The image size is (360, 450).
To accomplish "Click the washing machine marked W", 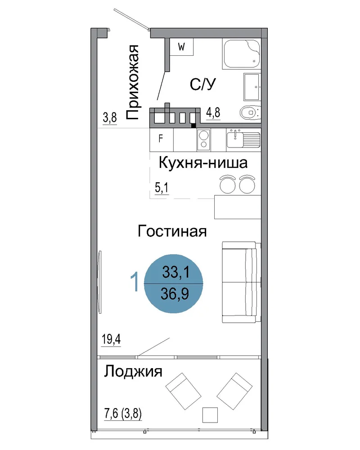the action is [181, 47].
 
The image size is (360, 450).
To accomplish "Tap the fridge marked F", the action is [162, 140].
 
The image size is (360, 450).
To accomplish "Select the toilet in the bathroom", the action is [250, 112].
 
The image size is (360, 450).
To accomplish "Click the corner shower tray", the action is [242, 54].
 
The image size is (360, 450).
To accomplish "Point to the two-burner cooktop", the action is [204, 140].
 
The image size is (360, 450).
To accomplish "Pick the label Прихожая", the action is [133, 82].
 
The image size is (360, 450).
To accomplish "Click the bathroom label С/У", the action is [202, 84].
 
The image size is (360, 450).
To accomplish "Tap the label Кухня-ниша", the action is [203, 163].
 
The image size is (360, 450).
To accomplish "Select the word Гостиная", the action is [172, 231].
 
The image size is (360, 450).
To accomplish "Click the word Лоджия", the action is [133, 371].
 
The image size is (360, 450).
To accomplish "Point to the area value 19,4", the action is [111, 339].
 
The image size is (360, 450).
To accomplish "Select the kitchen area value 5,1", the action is [162, 188].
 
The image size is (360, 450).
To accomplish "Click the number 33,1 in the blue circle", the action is [175, 271].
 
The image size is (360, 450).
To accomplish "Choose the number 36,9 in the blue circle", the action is [175, 293].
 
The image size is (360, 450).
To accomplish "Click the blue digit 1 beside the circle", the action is [135, 282].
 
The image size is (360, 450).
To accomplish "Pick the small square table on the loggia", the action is [210, 415].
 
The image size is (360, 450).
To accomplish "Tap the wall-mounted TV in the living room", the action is [99, 282].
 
